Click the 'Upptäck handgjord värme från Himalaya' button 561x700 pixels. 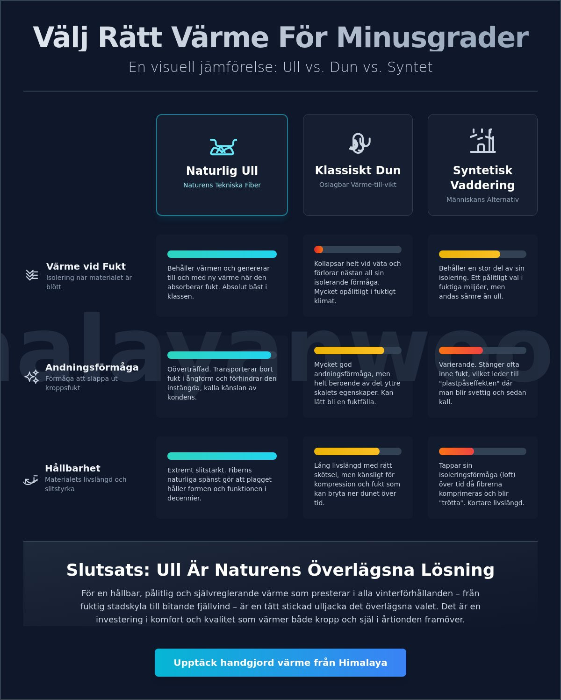[280, 663]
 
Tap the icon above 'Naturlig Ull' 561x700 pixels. [223, 147]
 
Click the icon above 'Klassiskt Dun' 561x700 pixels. [360, 143]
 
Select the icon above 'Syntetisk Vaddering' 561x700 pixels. [482, 141]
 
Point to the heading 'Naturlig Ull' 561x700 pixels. [222, 171]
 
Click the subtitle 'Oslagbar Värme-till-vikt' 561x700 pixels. [358, 185]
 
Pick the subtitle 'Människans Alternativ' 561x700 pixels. [482, 200]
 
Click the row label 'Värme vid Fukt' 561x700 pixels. [86, 266]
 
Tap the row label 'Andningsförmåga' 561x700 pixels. [92, 367]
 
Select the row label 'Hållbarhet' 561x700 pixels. [72, 468]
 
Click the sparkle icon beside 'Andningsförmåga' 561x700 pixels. [32, 377]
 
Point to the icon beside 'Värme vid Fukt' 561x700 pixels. [32, 275]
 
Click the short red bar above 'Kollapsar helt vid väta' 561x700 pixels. [318, 250]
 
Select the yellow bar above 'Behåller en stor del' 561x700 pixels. [469, 254]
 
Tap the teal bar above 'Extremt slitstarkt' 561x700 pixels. [222, 456]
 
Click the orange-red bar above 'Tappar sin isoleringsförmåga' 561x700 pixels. [456, 451]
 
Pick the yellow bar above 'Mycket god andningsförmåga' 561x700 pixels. [349, 350]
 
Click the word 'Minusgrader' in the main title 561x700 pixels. [432, 38]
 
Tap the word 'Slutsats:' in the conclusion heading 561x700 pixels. [108, 570]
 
